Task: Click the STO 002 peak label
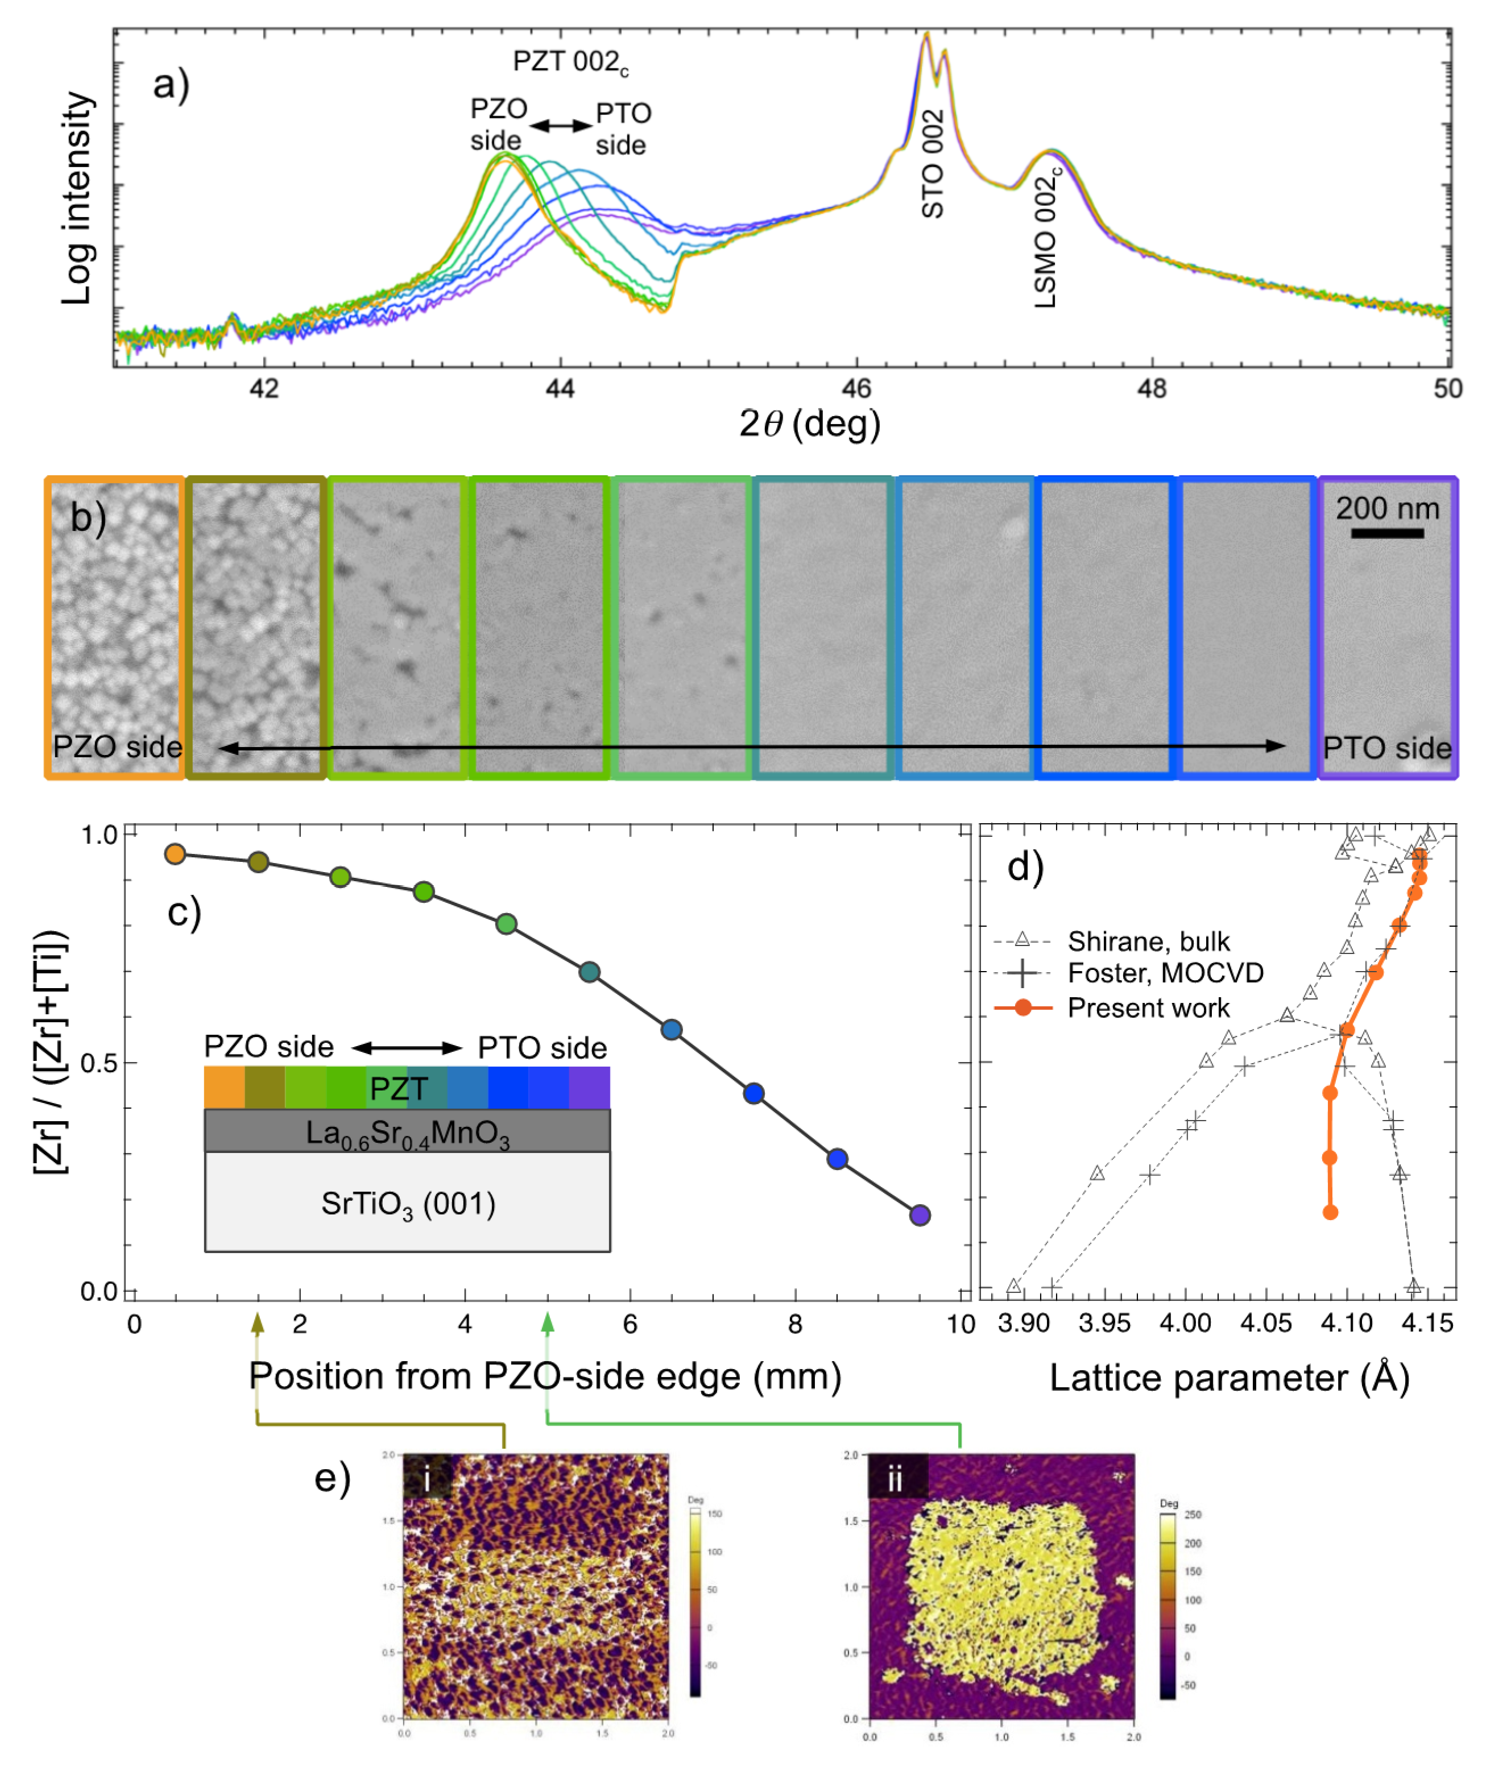coord(932,164)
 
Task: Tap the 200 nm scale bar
coord(1387,533)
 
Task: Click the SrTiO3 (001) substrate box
coord(407,1202)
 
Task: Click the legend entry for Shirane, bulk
coord(1148,940)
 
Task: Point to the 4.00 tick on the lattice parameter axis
coord(1185,1322)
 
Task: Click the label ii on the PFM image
coord(895,1479)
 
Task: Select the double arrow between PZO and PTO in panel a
coord(561,126)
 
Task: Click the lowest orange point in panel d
coord(1330,1212)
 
